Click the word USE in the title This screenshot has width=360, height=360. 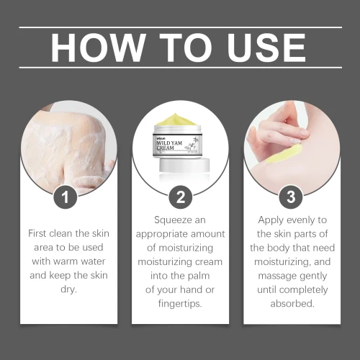[x=266, y=48]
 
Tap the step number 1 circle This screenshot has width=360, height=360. [x=65, y=197]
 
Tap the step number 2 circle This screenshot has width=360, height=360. [x=181, y=197]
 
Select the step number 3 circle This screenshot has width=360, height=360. [x=291, y=197]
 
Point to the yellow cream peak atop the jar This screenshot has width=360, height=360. [x=176, y=120]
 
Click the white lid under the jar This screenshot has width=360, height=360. [x=184, y=166]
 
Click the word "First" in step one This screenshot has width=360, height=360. [x=38, y=233]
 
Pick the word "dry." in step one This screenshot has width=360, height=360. [x=69, y=289]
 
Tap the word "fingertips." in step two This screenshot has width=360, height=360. [x=180, y=304]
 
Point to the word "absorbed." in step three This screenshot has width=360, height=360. [x=292, y=304]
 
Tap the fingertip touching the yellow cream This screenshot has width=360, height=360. [x=297, y=140]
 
